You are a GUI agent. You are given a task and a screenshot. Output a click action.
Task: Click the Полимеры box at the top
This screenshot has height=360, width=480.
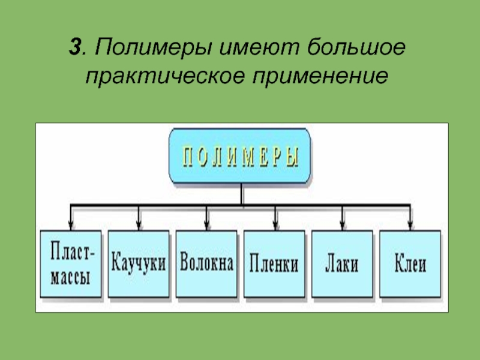pyautogui.click(x=240, y=157)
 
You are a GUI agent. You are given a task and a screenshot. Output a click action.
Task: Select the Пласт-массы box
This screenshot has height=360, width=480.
pyautogui.click(x=71, y=264)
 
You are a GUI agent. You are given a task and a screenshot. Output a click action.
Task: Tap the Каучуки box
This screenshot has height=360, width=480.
pyautogui.click(x=139, y=264)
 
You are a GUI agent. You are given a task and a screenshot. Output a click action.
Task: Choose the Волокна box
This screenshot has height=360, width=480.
pyautogui.click(x=206, y=264)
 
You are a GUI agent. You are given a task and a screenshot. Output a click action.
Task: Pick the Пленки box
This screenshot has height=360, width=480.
pyautogui.click(x=274, y=264)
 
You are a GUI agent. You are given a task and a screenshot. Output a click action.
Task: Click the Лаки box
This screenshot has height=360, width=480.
pyautogui.click(x=342, y=264)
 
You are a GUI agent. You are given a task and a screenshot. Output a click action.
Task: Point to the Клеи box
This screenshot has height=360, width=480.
pyautogui.click(x=410, y=264)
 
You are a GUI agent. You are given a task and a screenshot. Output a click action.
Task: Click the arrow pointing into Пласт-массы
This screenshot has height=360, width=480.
pyautogui.click(x=71, y=219)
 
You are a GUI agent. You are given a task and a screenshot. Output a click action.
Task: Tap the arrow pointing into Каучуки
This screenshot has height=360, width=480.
pyautogui.click(x=139, y=219)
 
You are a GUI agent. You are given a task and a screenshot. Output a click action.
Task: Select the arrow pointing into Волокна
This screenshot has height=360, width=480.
pyautogui.click(x=206, y=219)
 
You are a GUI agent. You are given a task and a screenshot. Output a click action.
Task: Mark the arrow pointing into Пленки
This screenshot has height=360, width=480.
pyautogui.click(x=275, y=219)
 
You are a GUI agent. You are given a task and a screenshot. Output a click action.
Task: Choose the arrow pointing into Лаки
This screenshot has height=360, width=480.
pyautogui.click(x=343, y=219)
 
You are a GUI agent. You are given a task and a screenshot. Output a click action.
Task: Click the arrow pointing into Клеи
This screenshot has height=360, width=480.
pyautogui.click(x=410, y=219)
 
